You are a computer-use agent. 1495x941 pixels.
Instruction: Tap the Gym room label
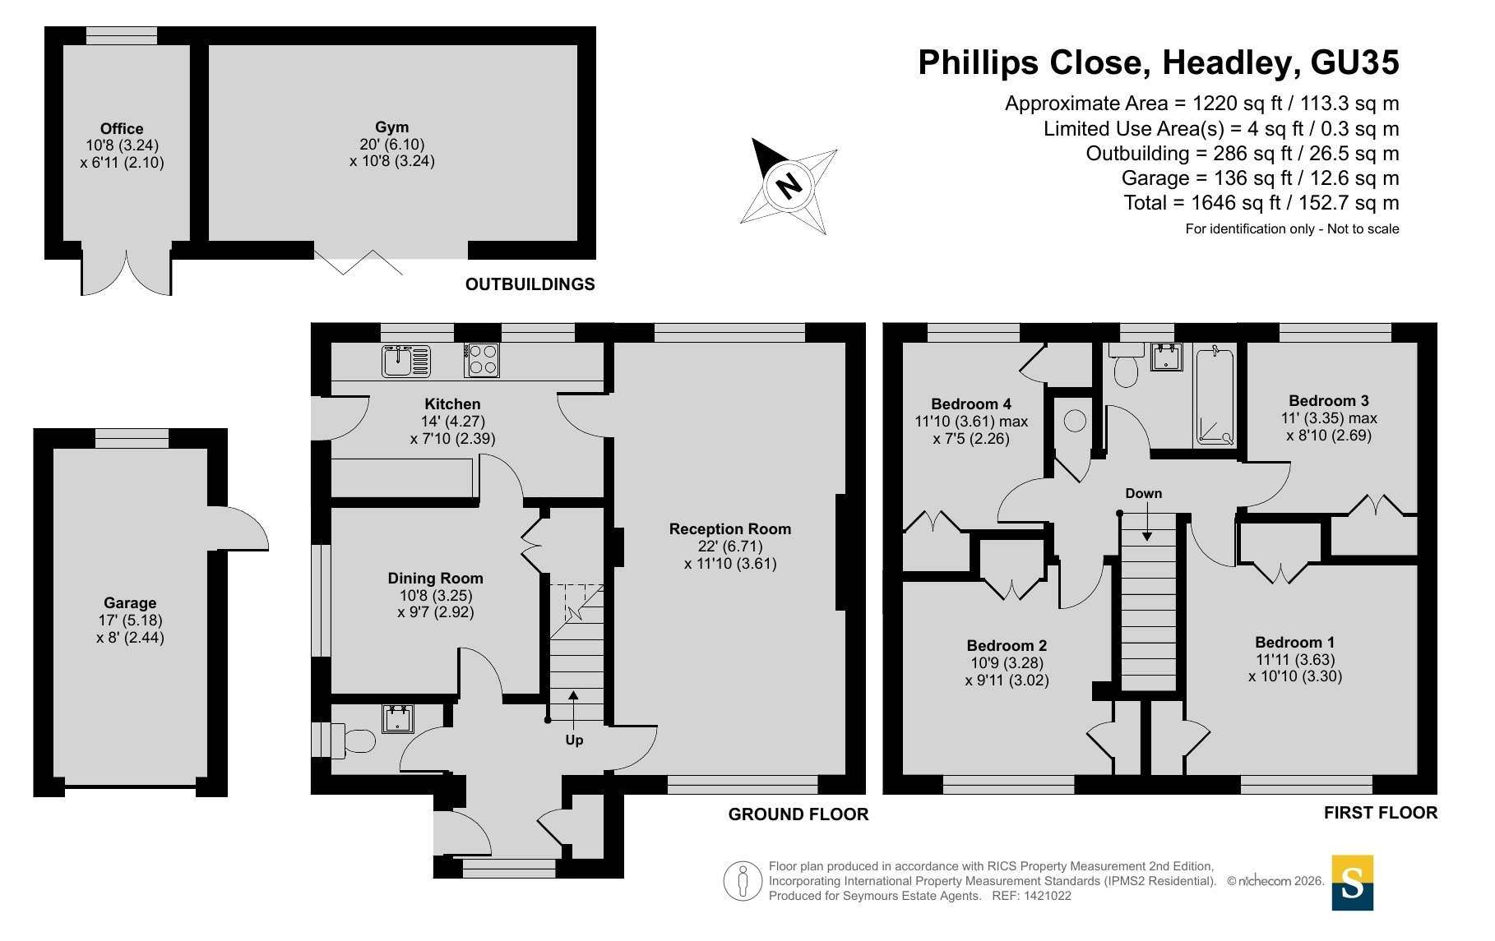coord(391,127)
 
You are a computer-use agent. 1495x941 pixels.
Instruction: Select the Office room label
coord(122,129)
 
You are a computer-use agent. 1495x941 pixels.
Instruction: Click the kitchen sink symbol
coord(406,361)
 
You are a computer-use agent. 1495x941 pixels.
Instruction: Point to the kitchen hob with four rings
coord(482,360)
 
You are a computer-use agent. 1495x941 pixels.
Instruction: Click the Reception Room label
coord(730,529)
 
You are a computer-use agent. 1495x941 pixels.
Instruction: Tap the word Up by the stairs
coord(574,740)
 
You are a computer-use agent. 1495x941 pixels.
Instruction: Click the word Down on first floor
coord(1144,493)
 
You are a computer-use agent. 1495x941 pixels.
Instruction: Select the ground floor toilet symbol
coord(353,740)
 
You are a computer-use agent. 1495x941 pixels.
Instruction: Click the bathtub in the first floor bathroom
coord(1215,395)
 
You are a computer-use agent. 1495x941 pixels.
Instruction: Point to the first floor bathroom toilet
coord(1126,364)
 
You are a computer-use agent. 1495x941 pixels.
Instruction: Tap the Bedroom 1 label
coord(1295,643)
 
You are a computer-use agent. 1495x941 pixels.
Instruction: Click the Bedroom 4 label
coord(971,404)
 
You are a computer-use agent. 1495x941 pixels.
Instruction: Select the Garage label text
coord(130,603)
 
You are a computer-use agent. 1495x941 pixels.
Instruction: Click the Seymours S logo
coord(1353,883)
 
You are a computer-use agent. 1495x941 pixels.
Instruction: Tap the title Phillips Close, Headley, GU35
coord(1159,63)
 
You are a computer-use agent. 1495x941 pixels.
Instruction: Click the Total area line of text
coord(1261,203)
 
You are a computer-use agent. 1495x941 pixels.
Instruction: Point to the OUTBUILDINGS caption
coord(530,284)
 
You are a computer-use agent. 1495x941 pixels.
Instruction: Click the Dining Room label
coord(435,579)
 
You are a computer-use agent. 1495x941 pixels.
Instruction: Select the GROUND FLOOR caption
coord(798,814)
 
